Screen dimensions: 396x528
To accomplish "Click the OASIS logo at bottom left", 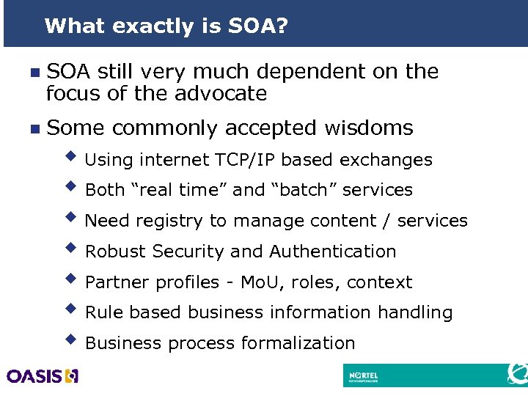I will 42,376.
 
